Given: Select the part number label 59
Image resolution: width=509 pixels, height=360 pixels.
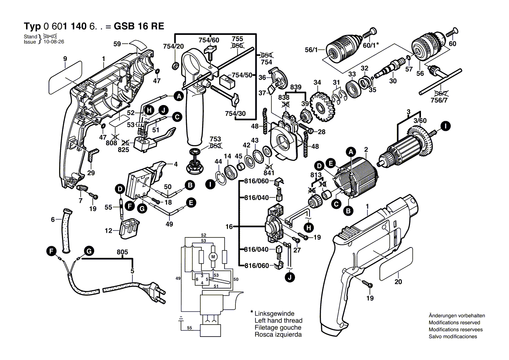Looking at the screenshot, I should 117,44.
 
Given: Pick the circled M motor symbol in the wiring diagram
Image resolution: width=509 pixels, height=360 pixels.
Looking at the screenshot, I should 214,256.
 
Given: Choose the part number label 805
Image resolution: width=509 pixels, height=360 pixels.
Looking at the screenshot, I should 122,251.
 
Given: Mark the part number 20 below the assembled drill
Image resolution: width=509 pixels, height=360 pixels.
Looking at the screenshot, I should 398,282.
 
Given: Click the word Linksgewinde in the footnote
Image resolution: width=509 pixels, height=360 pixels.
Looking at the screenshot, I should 274,313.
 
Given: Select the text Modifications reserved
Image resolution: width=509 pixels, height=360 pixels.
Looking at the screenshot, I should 456,323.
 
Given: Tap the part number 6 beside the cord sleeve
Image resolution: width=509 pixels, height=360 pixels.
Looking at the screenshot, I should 53,220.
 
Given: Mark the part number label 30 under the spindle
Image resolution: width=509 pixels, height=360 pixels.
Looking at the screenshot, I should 393,81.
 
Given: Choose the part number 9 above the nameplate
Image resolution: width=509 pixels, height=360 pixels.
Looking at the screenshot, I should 65,58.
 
